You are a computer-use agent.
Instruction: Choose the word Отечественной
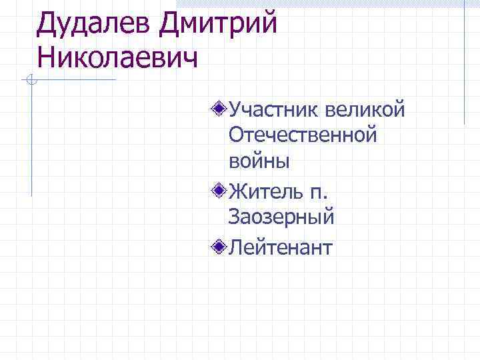[x=303, y=135]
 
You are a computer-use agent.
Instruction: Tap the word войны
[x=259, y=161]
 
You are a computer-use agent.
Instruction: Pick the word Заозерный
[x=281, y=218]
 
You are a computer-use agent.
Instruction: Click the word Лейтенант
[x=280, y=249]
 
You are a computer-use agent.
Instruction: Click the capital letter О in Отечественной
[x=236, y=135]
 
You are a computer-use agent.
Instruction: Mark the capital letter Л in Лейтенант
[x=236, y=249]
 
